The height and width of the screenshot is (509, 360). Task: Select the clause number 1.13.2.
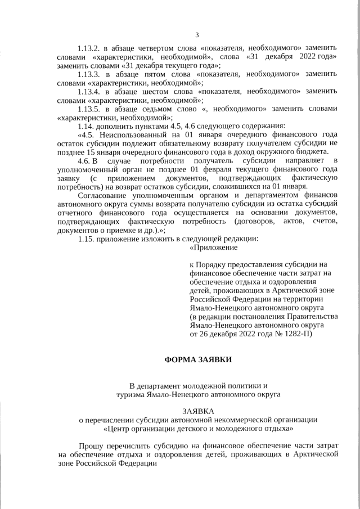pos(91,49)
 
